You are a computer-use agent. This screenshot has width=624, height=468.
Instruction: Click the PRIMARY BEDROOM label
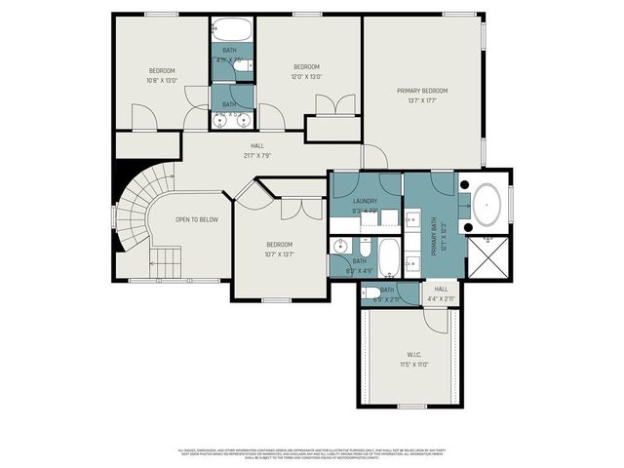(422, 91)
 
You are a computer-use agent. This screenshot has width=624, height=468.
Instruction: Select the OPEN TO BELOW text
(197, 219)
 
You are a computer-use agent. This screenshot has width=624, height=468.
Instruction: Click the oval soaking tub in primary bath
(487, 206)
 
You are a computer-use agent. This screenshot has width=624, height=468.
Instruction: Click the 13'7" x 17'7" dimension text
(422, 99)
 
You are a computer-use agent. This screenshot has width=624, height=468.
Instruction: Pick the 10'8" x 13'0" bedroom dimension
(162, 80)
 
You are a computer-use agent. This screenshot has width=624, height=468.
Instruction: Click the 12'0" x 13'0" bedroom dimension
(308, 76)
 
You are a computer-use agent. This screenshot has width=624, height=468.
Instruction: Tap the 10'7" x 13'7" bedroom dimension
(280, 253)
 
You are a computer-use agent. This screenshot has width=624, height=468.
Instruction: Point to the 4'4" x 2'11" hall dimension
(441, 297)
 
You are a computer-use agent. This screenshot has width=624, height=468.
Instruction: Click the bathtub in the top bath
(231, 28)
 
